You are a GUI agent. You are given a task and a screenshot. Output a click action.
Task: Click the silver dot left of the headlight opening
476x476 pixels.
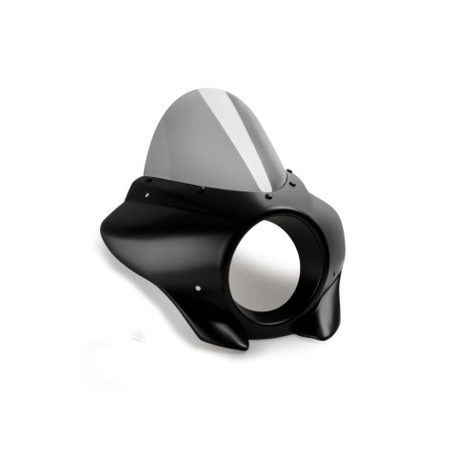point(198,288)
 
